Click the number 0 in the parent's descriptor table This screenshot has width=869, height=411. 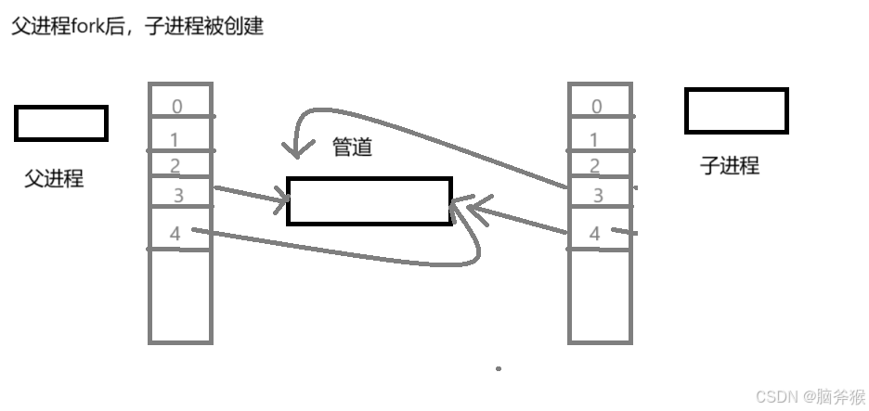176,107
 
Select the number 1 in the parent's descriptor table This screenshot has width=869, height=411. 175,139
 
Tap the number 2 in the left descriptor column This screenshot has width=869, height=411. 175,166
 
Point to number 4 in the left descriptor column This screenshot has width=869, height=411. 175,234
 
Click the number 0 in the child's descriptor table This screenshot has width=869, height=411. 596,107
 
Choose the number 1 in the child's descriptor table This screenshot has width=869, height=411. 595,139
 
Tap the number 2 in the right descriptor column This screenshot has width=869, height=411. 595,167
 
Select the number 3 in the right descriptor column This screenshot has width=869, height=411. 598,196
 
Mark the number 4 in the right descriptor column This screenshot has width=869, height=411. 595,234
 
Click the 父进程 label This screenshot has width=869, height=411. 54,179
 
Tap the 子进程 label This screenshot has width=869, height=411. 729,166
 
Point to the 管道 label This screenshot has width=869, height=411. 353,148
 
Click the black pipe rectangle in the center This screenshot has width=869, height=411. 369,200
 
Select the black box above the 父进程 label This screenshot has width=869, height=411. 61,123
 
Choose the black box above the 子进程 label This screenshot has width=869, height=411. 735,111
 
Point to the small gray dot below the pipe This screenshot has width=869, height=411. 499,368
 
